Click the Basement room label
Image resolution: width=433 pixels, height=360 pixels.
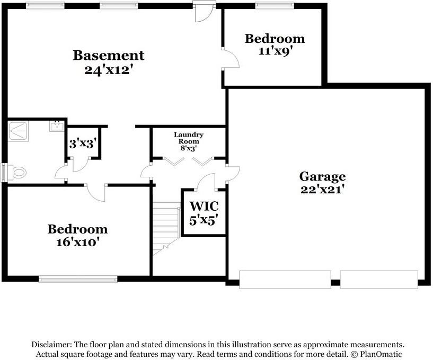point(108,55)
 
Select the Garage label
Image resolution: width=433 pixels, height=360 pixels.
point(322,176)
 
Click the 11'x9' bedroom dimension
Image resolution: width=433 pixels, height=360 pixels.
point(275,52)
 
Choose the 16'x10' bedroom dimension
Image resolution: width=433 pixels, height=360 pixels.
point(77,243)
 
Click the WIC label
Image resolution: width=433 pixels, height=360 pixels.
point(204,205)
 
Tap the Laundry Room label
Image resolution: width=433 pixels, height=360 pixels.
point(189,138)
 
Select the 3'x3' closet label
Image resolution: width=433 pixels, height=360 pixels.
point(82,143)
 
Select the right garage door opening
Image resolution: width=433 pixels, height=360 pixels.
point(378,280)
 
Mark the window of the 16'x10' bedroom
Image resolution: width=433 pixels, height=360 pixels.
point(78,277)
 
